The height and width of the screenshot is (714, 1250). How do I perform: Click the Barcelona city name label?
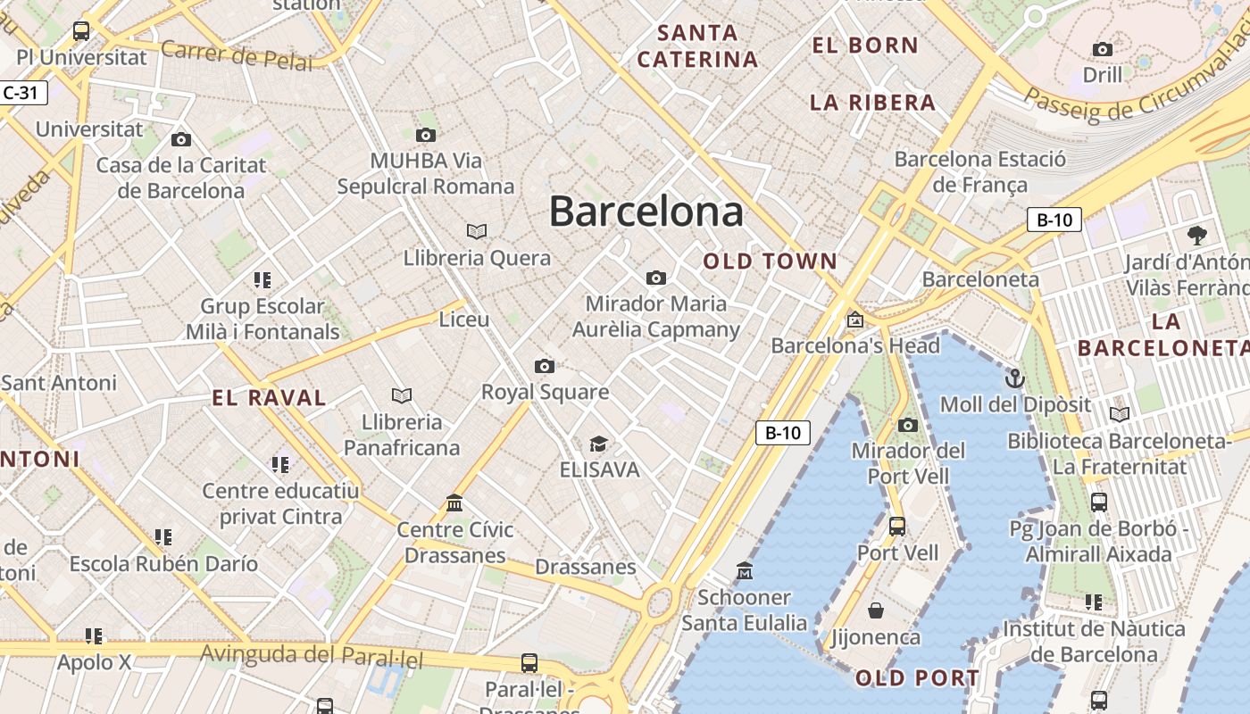pos(646,212)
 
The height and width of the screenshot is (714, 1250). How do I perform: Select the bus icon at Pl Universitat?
pos(81,31)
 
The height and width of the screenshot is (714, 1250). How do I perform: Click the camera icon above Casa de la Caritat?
pos(181,139)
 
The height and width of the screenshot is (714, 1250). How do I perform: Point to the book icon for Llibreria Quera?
pos(477,231)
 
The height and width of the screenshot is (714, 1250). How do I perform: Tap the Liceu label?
pos(464,319)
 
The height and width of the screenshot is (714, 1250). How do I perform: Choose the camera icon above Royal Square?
pos(545,366)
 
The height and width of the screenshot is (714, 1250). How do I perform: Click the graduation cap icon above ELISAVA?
pos(598,444)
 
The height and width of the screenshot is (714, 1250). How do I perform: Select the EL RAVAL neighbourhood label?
pos(269,398)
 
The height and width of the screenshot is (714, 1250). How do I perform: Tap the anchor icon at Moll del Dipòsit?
pos(1014,378)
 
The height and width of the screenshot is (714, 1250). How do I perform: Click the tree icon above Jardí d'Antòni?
pos(1197,236)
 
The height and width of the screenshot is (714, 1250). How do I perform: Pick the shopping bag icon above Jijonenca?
pos(876,610)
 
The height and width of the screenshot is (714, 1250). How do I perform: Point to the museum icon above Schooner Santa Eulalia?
pos(744,570)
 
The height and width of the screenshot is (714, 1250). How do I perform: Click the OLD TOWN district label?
pos(770,262)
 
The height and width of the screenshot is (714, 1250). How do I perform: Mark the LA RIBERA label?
pos(872,103)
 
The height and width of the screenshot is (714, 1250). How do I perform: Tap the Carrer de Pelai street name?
pos(237,54)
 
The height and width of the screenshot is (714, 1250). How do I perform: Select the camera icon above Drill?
pos(1103,49)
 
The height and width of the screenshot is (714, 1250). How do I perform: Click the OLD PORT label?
pos(917,678)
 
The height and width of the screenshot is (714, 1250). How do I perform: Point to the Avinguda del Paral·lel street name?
pos(311,656)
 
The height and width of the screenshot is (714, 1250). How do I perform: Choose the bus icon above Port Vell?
pos(897,527)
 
